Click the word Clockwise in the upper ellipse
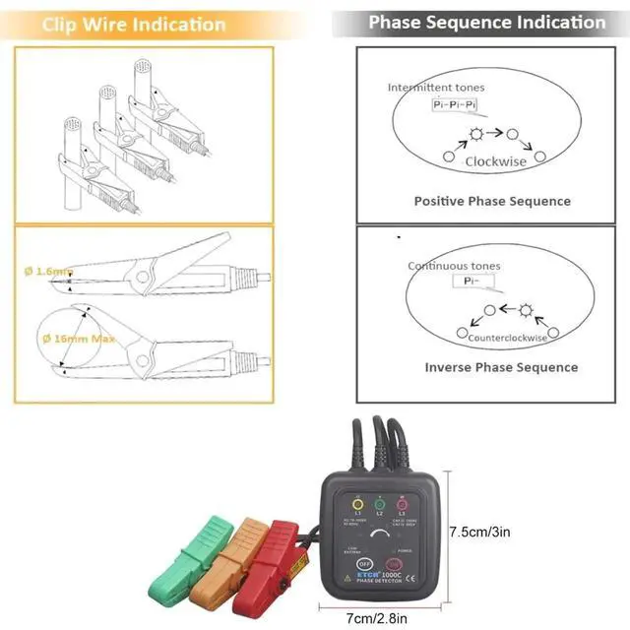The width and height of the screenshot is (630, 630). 496,160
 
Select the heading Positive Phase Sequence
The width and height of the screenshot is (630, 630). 491,201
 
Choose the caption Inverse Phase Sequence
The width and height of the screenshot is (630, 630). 501,367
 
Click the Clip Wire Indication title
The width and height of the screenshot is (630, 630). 134,24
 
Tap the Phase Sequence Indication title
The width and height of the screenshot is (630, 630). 487,22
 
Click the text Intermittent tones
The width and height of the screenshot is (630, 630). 435,88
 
